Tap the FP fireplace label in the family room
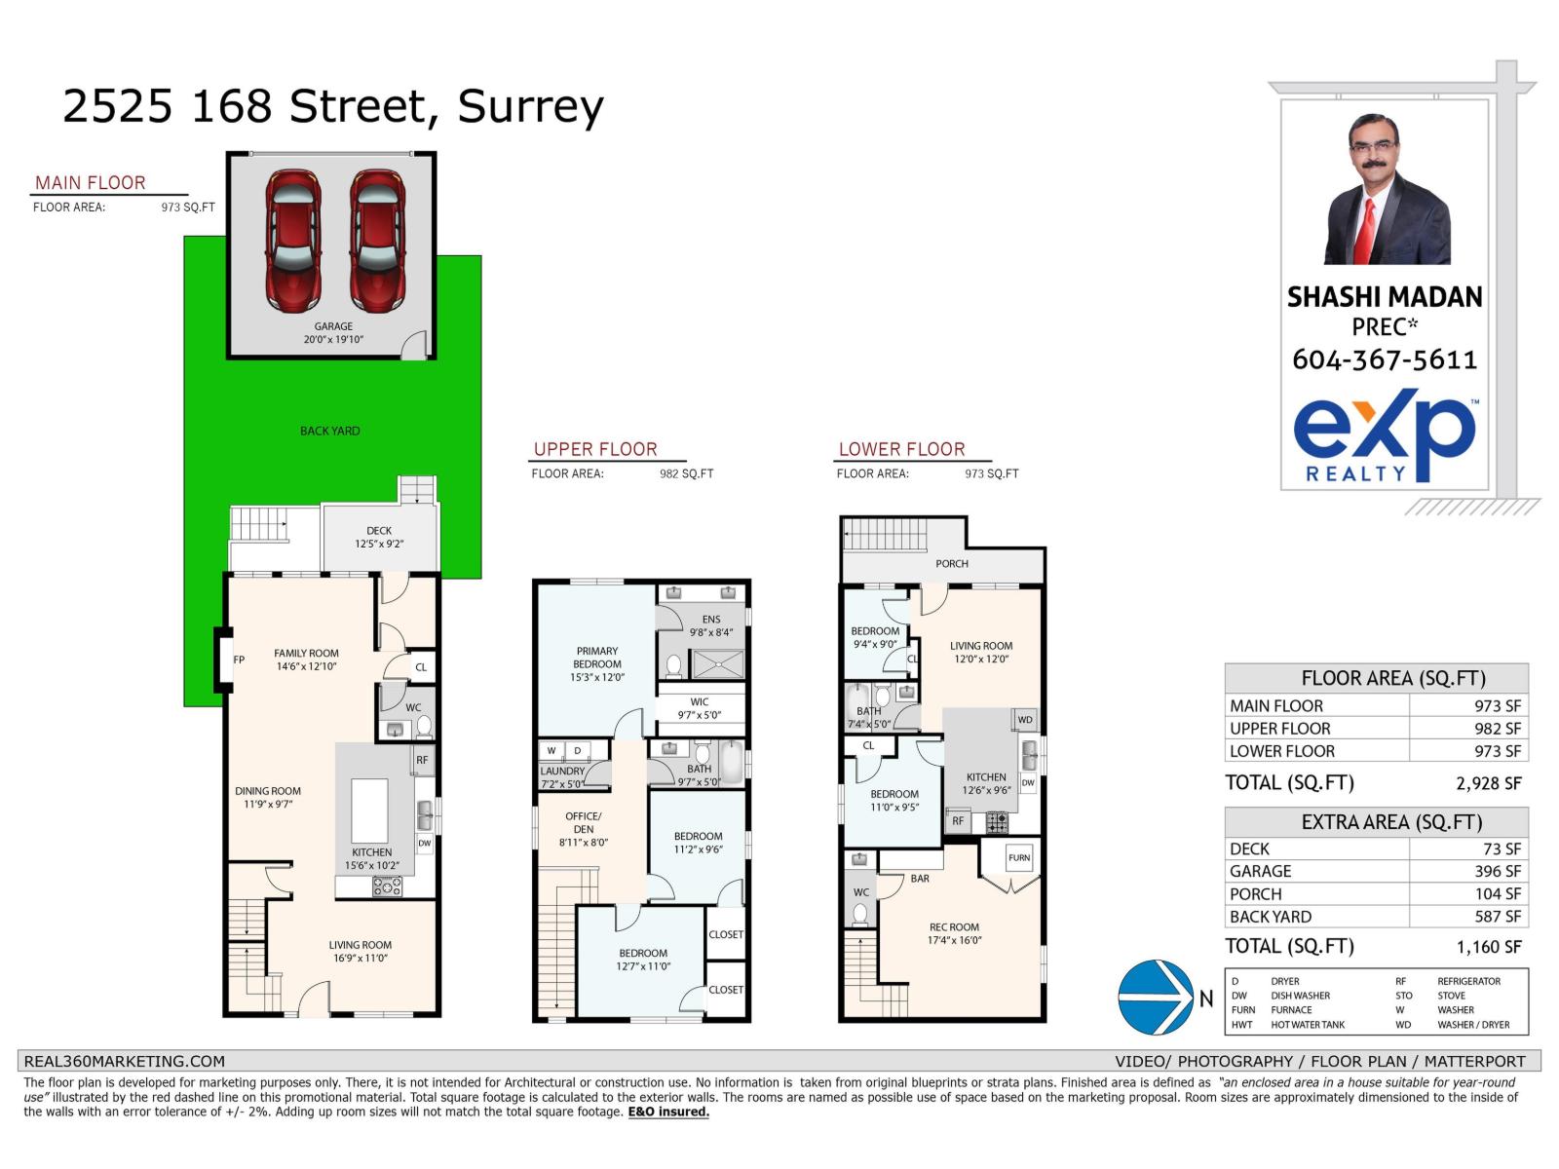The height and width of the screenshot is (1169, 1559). [x=239, y=660]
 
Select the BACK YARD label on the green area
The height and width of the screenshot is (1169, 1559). [x=329, y=431]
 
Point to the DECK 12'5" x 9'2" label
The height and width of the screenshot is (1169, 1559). [x=379, y=538]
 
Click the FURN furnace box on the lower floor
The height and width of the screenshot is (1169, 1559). [x=1019, y=858]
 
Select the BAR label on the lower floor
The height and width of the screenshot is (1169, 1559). [x=920, y=879]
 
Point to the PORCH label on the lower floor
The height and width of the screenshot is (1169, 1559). [x=952, y=564]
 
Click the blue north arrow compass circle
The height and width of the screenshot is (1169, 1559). [x=1156, y=998]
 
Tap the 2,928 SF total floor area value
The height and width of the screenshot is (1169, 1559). [x=1489, y=783]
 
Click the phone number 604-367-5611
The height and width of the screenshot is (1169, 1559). [x=1385, y=360]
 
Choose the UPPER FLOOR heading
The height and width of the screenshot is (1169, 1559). [x=595, y=449]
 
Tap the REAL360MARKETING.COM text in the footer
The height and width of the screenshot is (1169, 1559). [x=124, y=1062]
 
